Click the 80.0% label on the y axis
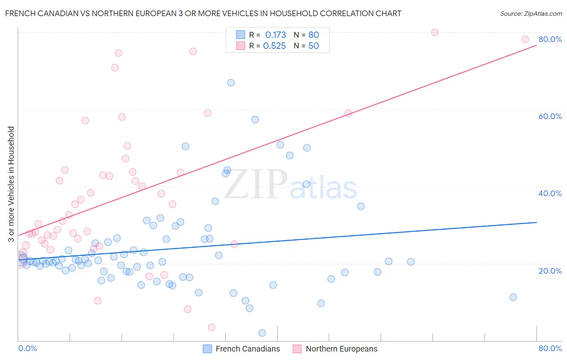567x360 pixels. [x=550, y=39]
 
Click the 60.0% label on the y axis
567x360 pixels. [x=550, y=116]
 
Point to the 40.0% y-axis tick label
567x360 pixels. [x=550, y=193]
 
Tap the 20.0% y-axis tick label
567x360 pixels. [x=550, y=271]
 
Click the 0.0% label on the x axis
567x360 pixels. [x=27, y=348]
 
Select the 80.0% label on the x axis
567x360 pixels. [x=550, y=348]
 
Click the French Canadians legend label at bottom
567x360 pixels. [x=248, y=349]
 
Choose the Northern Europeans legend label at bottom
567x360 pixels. [x=342, y=349]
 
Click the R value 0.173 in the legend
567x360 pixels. [x=275, y=35]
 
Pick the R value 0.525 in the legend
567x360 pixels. [x=274, y=46]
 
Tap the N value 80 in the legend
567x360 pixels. [x=313, y=35]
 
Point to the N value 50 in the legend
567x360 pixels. [x=313, y=46]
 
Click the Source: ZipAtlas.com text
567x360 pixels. [x=531, y=13]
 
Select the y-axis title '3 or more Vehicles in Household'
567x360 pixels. [x=11, y=184]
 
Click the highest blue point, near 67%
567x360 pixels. [x=231, y=83]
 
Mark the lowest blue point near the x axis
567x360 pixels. [x=262, y=333]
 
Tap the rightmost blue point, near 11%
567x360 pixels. [x=513, y=297]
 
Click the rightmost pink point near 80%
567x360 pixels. [x=525, y=39]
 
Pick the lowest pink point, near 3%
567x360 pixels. [x=212, y=327]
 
